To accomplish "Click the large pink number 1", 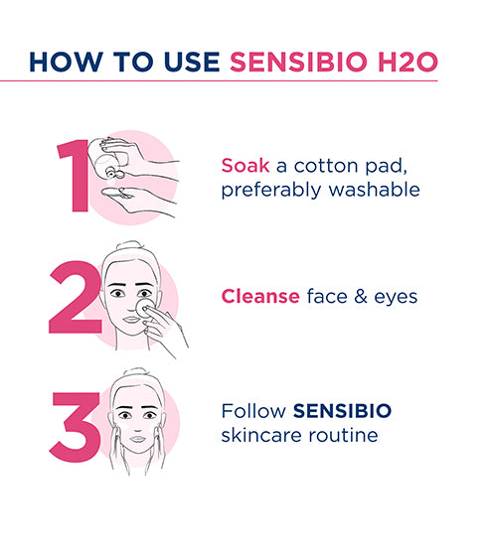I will [x=72, y=177].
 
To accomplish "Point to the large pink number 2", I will [x=74, y=299].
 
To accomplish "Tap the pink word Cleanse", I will [x=260, y=295].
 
